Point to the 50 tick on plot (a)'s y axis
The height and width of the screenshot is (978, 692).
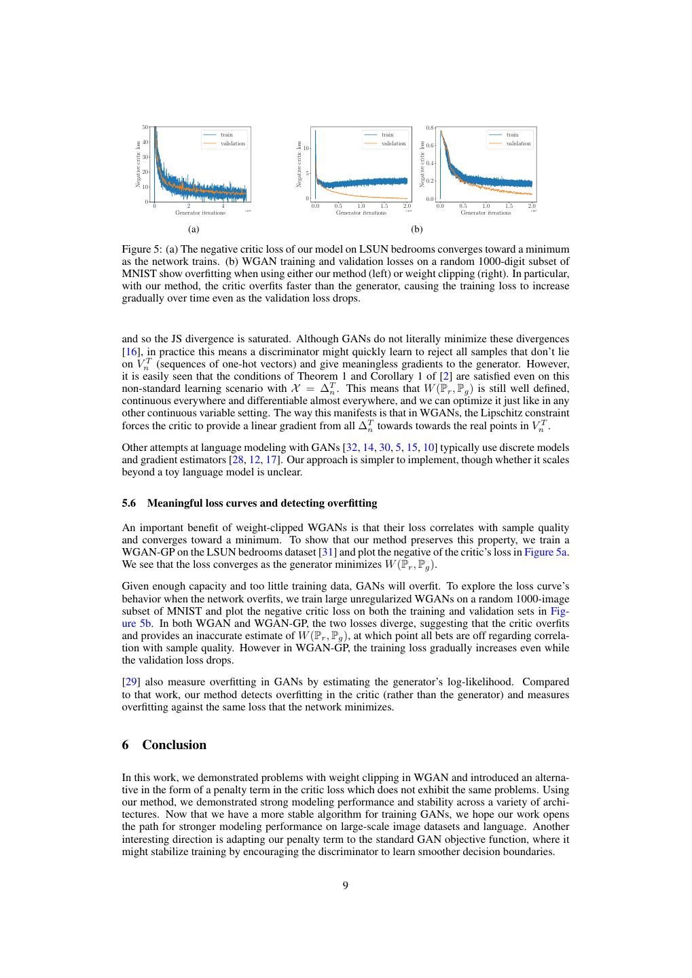pyautogui.click(x=145, y=127)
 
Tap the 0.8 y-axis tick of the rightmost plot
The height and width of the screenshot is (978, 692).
pyautogui.click(x=430, y=128)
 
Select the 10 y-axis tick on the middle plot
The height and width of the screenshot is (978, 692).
pyautogui.click(x=306, y=147)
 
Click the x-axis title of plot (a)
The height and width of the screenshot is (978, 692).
pyautogui.click(x=200, y=213)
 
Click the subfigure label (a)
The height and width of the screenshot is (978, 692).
pyautogui.click(x=194, y=230)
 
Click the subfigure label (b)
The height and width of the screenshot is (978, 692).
pyautogui.click(x=417, y=230)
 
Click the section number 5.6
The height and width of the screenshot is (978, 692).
pyautogui.click(x=129, y=503)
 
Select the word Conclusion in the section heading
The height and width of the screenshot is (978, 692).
pyautogui.click(x=174, y=745)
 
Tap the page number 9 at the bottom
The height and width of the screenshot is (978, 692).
pyautogui.click(x=346, y=885)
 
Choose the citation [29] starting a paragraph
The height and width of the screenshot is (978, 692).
pyautogui.click(x=129, y=682)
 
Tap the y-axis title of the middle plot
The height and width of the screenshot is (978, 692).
pyautogui.click(x=299, y=164)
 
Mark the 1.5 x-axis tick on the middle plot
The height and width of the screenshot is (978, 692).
pyautogui.click(x=384, y=206)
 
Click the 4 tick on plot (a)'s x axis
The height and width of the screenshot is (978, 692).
pyautogui.click(x=223, y=206)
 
